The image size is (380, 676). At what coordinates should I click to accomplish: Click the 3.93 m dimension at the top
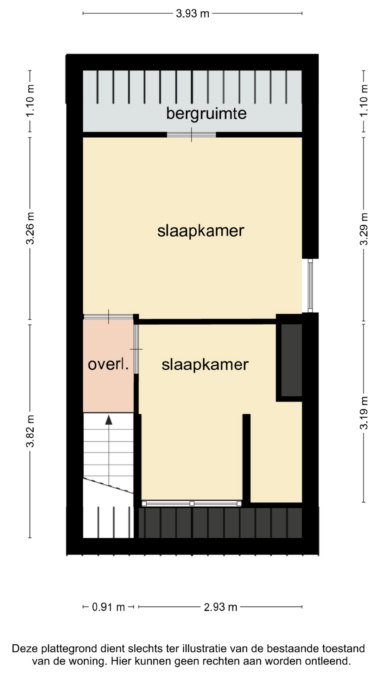pyautogui.click(x=192, y=13)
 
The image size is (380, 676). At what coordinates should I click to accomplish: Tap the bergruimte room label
pyautogui.click(x=206, y=114)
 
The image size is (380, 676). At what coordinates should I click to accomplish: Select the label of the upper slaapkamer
pyautogui.click(x=201, y=231)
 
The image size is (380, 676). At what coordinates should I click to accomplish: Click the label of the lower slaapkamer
pyautogui.click(x=205, y=365)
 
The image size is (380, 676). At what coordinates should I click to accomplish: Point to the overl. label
pyautogui.click(x=108, y=364)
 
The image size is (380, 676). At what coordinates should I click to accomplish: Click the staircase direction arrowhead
pyautogui.click(x=109, y=420)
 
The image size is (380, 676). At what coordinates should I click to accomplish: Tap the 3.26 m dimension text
pyautogui.click(x=30, y=228)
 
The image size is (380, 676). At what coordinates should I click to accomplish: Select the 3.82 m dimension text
pyautogui.click(x=30, y=431)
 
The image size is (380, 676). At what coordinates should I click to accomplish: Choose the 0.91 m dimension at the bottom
pyautogui.click(x=108, y=607)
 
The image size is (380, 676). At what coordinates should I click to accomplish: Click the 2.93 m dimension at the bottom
pyautogui.click(x=221, y=607)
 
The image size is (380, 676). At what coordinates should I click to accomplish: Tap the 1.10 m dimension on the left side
pyautogui.click(x=30, y=101)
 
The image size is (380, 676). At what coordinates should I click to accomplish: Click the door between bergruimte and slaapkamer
pyautogui.click(x=191, y=135)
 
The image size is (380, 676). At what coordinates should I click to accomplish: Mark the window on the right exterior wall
pyautogui.click(x=310, y=286)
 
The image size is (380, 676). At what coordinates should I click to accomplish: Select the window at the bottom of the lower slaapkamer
pyautogui.click(x=192, y=503)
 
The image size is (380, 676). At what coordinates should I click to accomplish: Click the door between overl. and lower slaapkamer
pyautogui.click(x=136, y=349)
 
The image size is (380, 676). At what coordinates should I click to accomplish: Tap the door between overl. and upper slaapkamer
pyautogui.click(x=108, y=317)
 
